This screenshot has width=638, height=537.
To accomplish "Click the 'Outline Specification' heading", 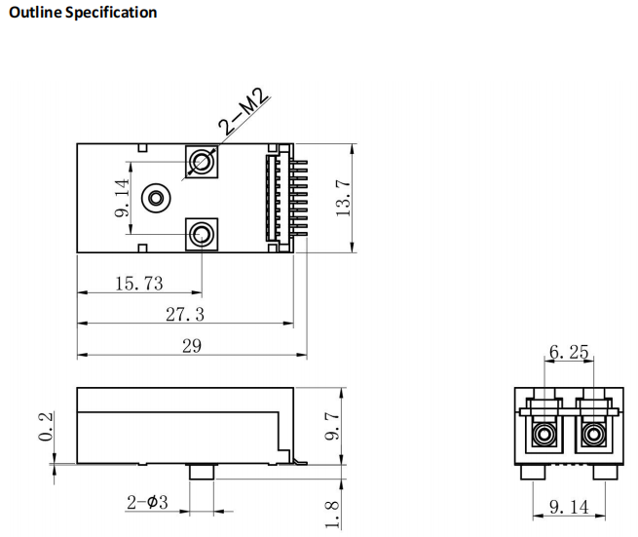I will [82, 13].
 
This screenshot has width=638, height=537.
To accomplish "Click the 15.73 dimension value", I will [139, 284].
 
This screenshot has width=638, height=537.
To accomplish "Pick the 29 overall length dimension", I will [192, 346].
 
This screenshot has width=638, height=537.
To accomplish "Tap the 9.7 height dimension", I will [332, 426].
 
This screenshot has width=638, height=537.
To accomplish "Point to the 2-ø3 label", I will [147, 503].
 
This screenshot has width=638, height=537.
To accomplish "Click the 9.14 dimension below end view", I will [569, 507].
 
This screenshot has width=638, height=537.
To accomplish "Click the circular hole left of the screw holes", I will [155, 199].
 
